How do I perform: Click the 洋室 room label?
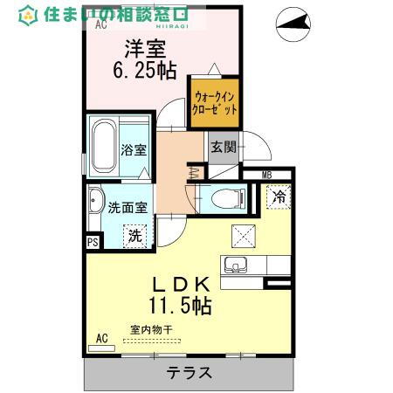tap(143, 49)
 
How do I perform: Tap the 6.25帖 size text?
tap(144, 71)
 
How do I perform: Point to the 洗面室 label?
tap(128, 208)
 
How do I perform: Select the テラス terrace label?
tap(188, 373)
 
